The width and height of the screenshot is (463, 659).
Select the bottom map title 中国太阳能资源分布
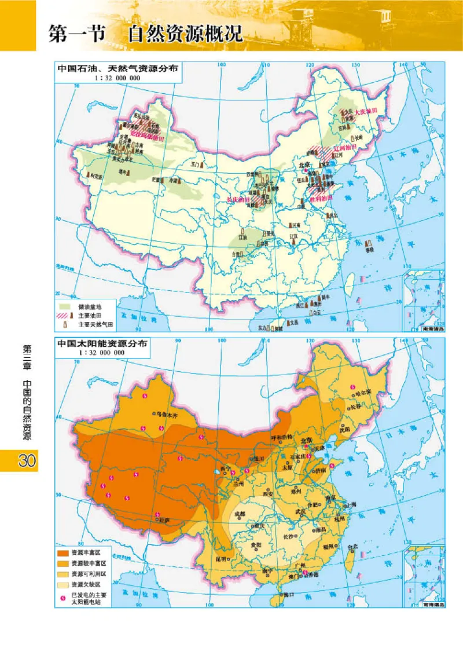coord(102,343)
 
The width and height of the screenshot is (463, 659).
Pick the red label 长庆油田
coord(237,200)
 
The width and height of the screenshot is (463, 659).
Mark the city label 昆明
coord(221,559)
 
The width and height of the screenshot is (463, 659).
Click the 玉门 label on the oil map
coord(195,164)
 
